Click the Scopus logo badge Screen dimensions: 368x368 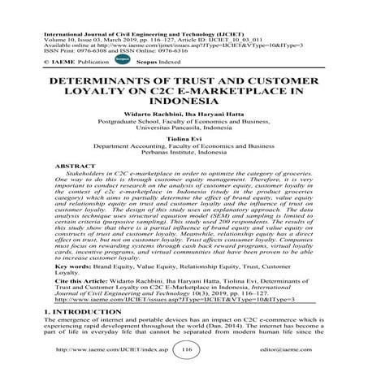(124, 60)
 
